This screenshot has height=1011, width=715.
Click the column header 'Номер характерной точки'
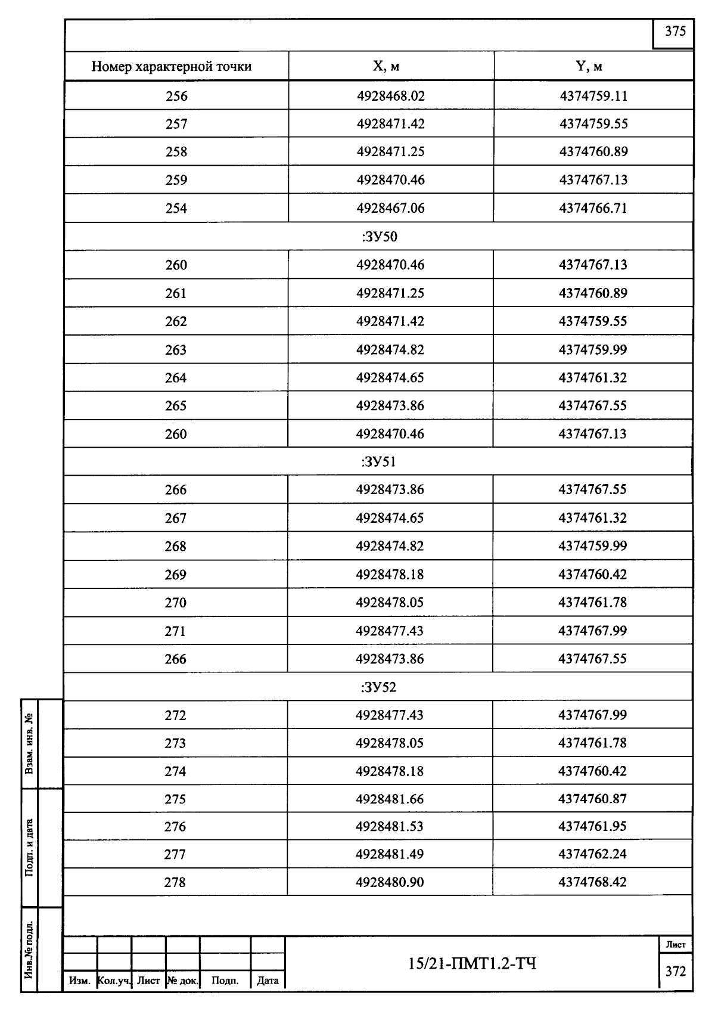pos(171,66)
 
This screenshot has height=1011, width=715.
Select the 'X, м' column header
pos(391,66)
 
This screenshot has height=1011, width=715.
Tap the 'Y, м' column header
pos(593,66)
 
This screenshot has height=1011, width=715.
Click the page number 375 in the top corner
pos(675,32)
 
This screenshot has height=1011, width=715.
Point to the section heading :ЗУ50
pos(379,237)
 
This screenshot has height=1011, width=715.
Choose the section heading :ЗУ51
pos(379,462)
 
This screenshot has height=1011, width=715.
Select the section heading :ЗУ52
pos(379,687)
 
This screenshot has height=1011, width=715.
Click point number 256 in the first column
pos(176,96)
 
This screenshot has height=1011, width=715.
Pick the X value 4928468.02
pos(391,96)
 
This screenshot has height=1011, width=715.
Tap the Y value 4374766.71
pos(593,208)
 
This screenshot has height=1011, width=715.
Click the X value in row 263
pos(390,349)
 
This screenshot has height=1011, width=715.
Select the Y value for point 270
pos(592,603)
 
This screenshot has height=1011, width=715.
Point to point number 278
pos(175,882)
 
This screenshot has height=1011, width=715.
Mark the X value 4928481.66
pos(390,799)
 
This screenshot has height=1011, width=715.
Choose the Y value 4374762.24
pos(592,854)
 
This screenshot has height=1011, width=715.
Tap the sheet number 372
pos(676,972)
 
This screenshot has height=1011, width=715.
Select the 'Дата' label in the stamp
pos(268,981)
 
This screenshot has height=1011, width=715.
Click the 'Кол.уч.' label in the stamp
pos(114,981)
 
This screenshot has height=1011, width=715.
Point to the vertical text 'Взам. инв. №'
pos(29,743)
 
